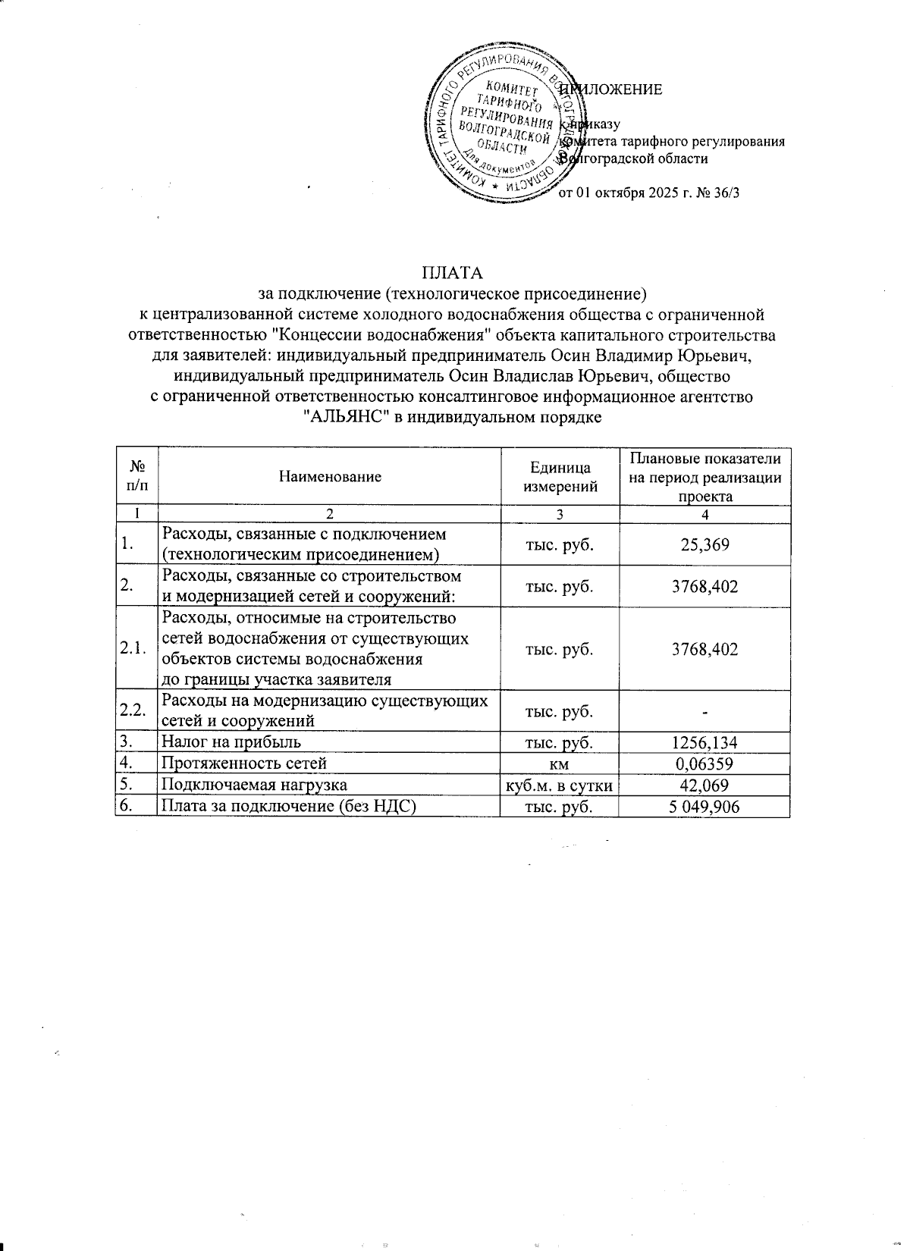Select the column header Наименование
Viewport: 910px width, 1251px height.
330,477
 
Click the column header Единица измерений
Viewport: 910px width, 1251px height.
560,477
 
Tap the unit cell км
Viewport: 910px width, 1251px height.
560,764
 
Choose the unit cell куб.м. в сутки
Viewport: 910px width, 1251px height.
560,786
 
